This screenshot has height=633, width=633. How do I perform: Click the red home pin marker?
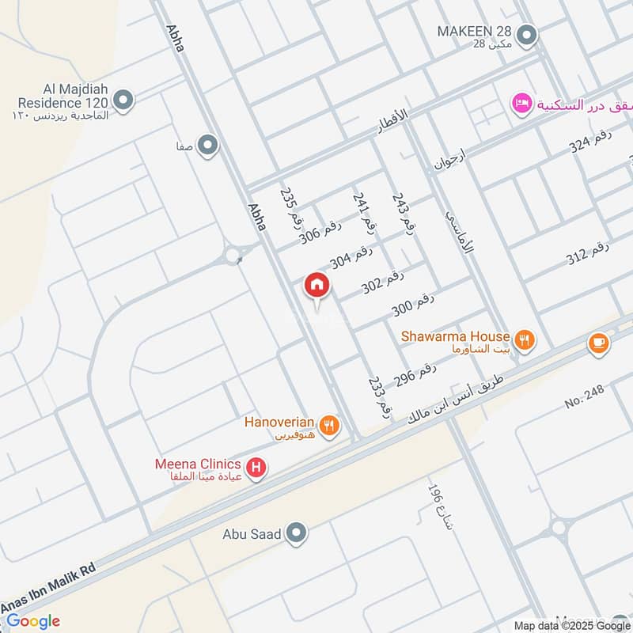317,286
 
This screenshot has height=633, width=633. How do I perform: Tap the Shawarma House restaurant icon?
523,341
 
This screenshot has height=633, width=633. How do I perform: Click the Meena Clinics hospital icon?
256,468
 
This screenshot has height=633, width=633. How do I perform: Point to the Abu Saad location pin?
297,533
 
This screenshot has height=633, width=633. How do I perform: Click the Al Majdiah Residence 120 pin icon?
123,100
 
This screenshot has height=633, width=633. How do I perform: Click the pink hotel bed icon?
521,104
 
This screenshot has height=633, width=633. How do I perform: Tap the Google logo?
33,621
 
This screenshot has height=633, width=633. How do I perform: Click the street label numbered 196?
439,510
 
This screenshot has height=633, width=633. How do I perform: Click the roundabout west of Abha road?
233,256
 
